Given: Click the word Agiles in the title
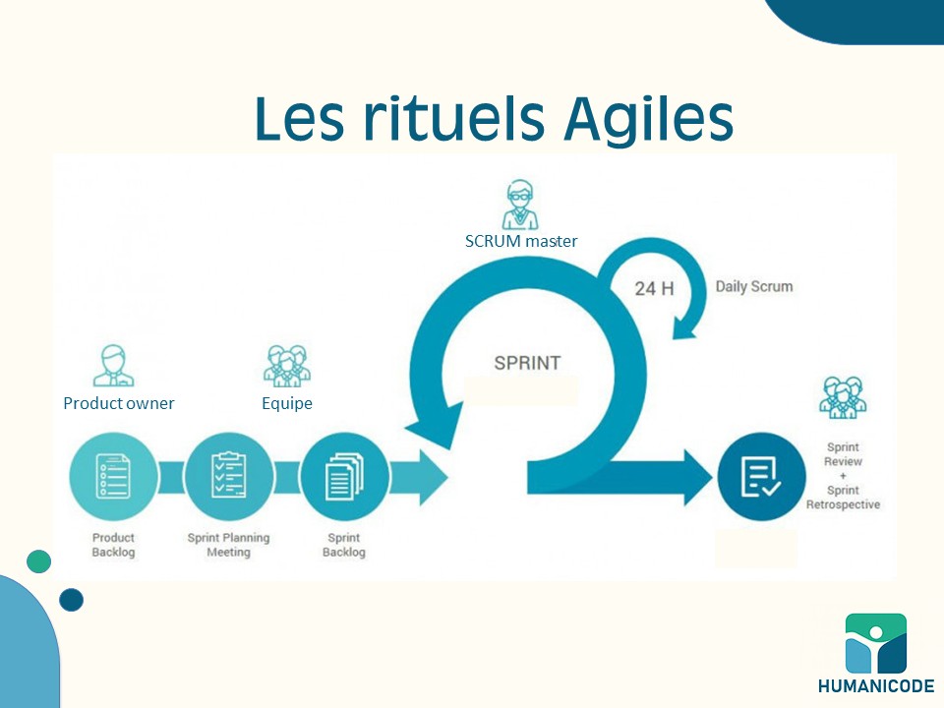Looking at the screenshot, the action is pos(648,119).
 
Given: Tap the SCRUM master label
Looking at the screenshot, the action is pos(521,242).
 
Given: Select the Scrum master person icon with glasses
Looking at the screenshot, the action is pos(520,205).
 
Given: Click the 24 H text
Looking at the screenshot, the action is pos(654,289).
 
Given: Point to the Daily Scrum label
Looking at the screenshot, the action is pos(754,286).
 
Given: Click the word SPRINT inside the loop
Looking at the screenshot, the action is pos(527,363).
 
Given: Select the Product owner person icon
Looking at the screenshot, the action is pos(113,366).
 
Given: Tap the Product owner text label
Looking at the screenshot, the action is pos(119,403).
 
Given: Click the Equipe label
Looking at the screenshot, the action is pos(286,403).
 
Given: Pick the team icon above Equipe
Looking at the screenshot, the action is pos(287,366).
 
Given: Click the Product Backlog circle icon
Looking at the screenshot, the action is pos(113,477).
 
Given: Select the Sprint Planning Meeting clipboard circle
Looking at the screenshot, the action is pos(229,477).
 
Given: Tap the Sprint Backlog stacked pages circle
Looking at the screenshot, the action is pos(344,477).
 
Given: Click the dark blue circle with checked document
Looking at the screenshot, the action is pos(761,477).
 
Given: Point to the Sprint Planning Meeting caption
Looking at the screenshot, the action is pos(229,545).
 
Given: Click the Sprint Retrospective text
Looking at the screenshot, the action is pos(843,498).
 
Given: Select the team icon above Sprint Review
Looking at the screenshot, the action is pos(843,397).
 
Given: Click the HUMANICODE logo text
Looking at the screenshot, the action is pos(876,685).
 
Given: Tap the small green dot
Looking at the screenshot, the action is pos(39,561).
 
